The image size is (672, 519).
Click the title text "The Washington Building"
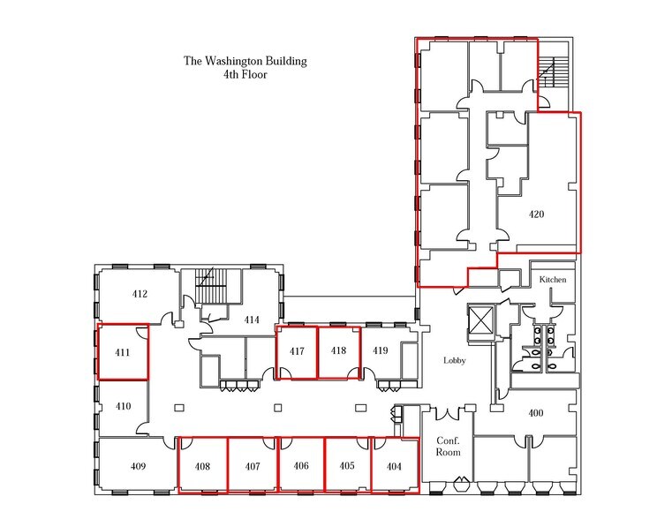(x=245, y=62)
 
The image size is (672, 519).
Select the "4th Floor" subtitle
(x=245, y=76)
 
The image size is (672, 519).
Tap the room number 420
(x=536, y=214)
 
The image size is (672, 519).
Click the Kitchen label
(x=553, y=280)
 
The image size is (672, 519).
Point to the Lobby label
(x=455, y=360)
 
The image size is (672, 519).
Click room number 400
(x=535, y=413)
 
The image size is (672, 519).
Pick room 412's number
(x=139, y=294)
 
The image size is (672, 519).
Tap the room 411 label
(x=123, y=351)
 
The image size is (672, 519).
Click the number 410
(x=123, y=406)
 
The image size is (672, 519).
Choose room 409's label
(x=138, y=465)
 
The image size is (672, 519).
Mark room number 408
(x=202, y=465)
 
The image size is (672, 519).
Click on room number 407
(x=253, y=465)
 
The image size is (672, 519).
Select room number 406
(x=301, y=465)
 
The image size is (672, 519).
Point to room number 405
(x=347, y=465)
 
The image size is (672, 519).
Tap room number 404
(x=393, y=465)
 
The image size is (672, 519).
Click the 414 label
(x=252, y=320)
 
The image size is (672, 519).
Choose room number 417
(x=297, y=351)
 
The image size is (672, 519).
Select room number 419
(x=381, y=351)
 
